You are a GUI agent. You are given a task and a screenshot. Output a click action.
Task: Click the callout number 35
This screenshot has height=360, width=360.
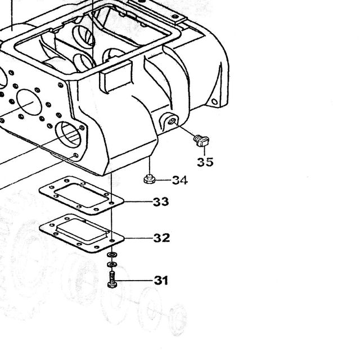pos(205,162)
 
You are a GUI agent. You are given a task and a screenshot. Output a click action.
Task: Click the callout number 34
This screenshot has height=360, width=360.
pos(180,180)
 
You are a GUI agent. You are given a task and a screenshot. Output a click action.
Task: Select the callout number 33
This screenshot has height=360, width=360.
pos(161,202)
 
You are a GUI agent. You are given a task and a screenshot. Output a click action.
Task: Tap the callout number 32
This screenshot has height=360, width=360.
pos(161,238)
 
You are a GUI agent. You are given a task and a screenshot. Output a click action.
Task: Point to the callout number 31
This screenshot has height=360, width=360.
pos(161,280)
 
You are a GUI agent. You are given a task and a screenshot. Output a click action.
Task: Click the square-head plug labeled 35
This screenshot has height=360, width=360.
pos(201,141)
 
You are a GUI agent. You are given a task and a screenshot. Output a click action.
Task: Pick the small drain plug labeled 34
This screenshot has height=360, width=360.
pos(149,179)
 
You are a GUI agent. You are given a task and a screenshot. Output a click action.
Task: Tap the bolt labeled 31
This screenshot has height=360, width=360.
pos(112,279)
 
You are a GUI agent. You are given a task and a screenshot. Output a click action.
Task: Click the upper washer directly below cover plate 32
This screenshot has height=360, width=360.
pos(112,254)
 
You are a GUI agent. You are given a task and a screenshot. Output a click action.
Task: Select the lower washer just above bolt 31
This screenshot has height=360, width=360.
pos(112,264)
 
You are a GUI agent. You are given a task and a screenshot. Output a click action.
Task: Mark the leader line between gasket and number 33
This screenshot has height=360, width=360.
pos(138,201)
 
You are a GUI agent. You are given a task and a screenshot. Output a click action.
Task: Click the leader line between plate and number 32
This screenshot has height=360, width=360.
pos(139,238)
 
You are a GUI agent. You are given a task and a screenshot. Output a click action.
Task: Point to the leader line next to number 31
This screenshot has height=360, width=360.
pos(134,280)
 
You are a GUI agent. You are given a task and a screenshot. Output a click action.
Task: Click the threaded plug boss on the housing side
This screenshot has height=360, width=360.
pos(170,121)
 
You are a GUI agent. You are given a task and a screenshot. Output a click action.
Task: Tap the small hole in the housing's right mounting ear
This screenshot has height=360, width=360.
pos(214,101)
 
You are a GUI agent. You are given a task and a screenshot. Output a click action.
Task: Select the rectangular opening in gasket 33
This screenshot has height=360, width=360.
pos(81,195)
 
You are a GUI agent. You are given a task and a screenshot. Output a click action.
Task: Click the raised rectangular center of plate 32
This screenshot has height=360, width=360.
pos(82,230)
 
